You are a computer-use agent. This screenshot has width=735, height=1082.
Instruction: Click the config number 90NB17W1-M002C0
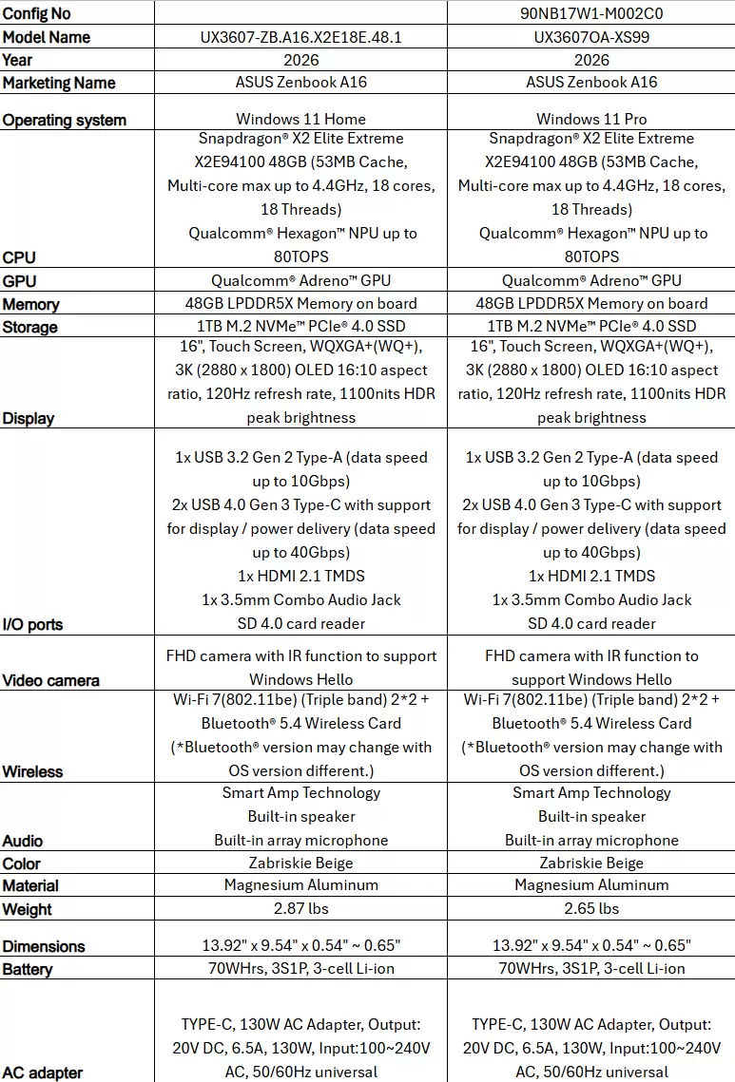tap(591, 13)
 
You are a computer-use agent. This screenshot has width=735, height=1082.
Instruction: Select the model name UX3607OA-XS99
tap(591, 36)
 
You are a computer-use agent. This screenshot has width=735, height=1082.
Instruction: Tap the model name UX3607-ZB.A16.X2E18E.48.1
tap(300, 36)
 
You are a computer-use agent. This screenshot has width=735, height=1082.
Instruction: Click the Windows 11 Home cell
tap(300, 119)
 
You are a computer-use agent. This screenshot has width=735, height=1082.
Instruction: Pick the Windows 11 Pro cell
tap(591, 119)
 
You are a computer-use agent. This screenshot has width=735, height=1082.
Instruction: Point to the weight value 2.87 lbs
tap(300, 908)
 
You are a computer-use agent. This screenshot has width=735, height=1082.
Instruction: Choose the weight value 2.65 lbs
tap(591, 908)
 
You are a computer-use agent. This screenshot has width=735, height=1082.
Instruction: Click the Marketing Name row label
tap(59, 83)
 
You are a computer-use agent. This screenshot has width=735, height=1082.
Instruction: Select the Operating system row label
tap(65, 120)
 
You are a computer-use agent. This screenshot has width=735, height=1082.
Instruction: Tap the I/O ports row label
tap(33, 624)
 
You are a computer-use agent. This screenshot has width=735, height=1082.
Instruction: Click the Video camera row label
tap(51, 680)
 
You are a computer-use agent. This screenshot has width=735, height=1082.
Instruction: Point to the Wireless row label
tap(32, 771)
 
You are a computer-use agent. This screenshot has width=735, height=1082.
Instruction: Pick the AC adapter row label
tap(43, 1073)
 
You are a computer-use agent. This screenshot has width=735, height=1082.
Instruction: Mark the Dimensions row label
tap(44, 946)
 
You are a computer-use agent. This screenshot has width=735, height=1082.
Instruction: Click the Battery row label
tap(28, 969)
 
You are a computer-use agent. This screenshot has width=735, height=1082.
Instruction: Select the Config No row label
tap(37, 13)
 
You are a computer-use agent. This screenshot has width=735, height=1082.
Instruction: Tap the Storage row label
tap(29, 327)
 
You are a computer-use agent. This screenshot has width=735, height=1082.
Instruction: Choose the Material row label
tap(30, 885)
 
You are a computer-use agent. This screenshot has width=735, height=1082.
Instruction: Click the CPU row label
tap(19, 257)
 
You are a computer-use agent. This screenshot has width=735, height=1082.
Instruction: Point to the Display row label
tap(29, 418)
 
